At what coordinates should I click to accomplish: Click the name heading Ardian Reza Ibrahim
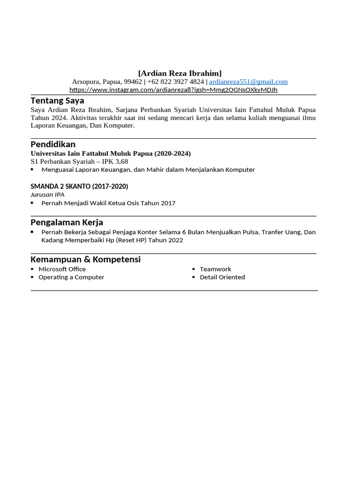[180, 73]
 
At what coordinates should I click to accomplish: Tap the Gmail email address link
[248, 82]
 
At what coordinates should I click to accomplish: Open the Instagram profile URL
[173, 90]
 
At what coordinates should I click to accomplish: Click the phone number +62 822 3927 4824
[176, 82]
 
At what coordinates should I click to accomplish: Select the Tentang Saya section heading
[57, 100]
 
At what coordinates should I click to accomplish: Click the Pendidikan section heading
[53, 144]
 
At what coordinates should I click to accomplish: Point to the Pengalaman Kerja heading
[67, 222]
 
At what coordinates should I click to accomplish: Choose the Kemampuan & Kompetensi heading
[85, 259]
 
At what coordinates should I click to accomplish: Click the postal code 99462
[133, 82]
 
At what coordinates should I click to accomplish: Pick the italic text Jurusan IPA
[47, 194]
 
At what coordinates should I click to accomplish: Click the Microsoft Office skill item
[62, 269]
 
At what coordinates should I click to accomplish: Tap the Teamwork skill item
[215, 269]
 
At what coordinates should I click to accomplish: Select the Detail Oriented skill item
[222, 277]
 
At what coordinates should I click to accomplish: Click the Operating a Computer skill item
[71, 277]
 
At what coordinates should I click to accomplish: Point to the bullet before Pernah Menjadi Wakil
[32, 203]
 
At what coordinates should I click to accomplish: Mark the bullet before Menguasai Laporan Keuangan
[32, 170]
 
